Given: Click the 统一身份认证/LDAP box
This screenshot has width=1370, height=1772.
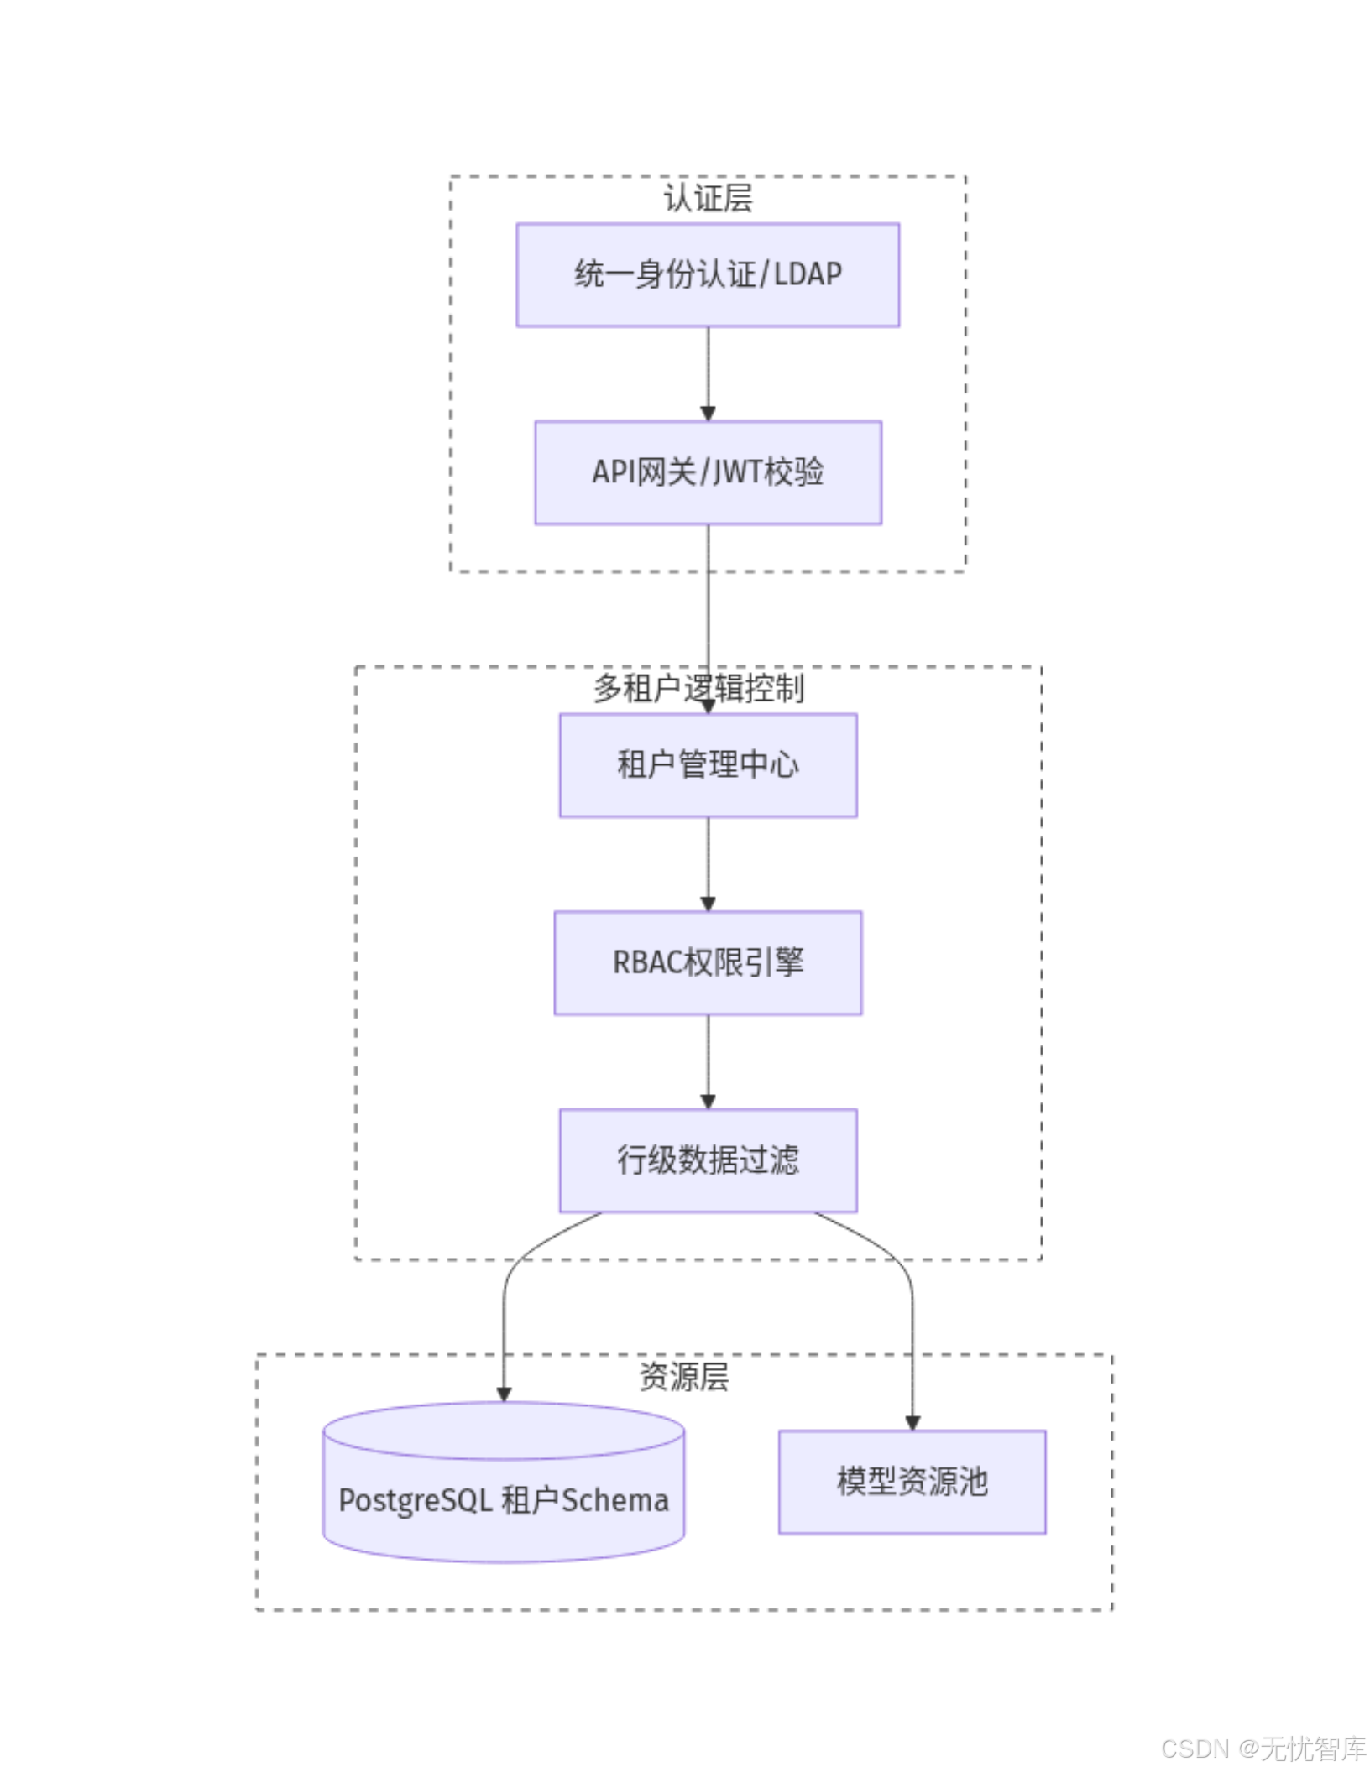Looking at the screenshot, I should [x=707, y=274].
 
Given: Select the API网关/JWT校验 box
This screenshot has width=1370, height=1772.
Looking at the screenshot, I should [x=707, y=472].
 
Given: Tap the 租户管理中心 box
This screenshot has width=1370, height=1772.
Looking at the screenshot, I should [x=707, y=764].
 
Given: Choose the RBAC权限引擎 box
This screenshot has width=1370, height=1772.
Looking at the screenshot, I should [x=707, y=962].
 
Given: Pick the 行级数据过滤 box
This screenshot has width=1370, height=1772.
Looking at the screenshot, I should [x=707, y=1160].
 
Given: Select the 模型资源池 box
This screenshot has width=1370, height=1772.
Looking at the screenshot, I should [x=911, y=1481].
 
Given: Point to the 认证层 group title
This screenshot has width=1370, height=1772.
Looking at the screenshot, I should [x=707, y=198].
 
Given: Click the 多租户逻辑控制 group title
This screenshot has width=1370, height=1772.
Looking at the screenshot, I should [x=698, y=688].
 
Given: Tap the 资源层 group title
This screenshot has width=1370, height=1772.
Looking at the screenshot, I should [x=683, y=1376].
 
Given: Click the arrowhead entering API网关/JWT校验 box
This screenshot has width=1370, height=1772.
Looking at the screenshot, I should [x=707, y=414].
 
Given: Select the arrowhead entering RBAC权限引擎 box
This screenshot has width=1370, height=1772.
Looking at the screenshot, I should [x=707, y=904].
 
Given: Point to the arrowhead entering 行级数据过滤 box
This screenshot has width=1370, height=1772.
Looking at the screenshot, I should [x=707, y=1102].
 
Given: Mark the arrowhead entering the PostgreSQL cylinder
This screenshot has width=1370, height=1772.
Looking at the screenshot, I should [x=503, y=1394].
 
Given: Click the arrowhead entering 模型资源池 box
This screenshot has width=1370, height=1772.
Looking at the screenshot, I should [x=912, y=1423].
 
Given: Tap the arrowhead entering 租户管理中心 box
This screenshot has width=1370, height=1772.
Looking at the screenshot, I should [x=707, y=706].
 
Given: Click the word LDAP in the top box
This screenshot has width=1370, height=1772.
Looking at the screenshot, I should [x=807, y=274].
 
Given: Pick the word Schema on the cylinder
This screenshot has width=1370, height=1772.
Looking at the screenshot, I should [x=614, y=1499].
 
